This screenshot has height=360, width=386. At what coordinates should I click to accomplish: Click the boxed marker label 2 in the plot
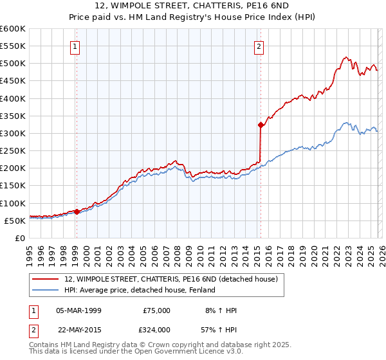click(x=259, y=46)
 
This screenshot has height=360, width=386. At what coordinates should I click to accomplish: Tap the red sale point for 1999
click(x=77, y=212)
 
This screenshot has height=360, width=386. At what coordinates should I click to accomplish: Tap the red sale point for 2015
click(x=261, y=125)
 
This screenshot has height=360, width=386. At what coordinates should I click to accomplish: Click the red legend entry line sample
click(x=46, y=279)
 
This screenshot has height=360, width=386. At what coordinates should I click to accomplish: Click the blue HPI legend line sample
click(x=46, y=290)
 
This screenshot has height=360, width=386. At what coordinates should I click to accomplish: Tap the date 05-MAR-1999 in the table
click(x=78, y=310)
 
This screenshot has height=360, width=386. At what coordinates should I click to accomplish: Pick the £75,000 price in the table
click(x=156, y=310)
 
